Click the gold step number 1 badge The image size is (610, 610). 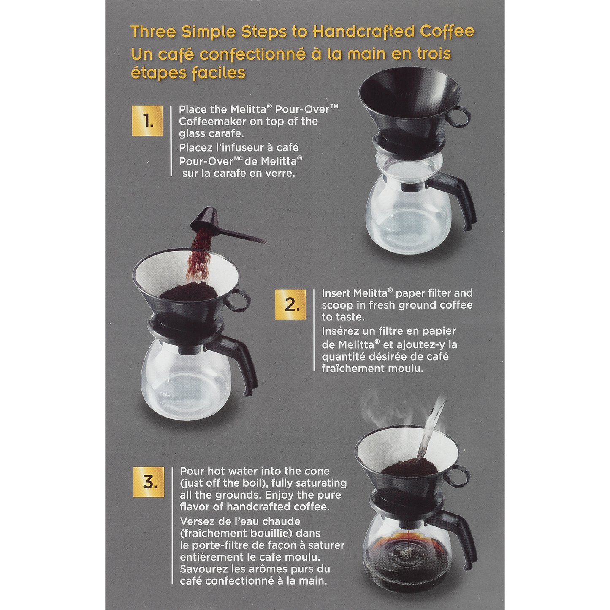pyautogui.click(x=147, y=121)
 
